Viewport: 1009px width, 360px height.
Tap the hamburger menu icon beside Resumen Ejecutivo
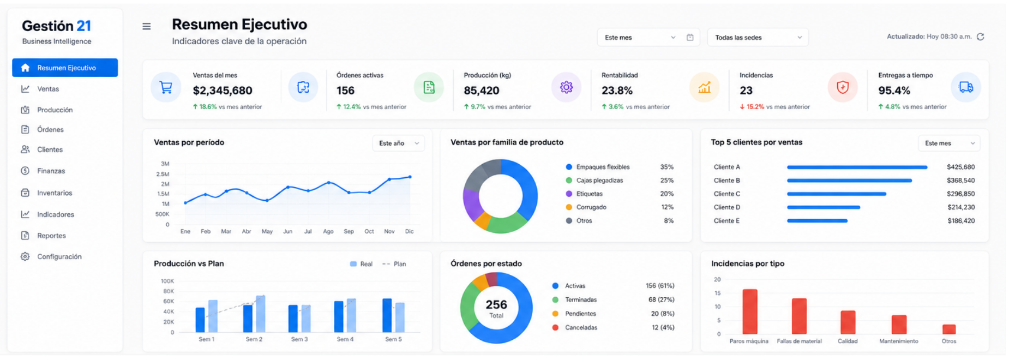[147, 26]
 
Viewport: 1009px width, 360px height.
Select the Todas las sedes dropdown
[758, 38]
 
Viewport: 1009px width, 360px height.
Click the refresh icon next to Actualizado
[980, 37]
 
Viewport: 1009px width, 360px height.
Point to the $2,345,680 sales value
[223, 91]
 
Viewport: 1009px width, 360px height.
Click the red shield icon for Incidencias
[843, 87]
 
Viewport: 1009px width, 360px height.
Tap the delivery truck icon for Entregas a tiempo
[966, 87]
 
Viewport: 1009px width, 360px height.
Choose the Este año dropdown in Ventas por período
[399, 143]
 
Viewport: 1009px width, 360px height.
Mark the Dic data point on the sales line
[410, 177]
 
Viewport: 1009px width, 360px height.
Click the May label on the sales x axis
[267, 231]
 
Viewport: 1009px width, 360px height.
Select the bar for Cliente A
[857, 167]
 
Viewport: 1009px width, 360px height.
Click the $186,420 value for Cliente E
[961, 221]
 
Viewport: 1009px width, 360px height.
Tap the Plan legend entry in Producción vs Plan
[394, 264]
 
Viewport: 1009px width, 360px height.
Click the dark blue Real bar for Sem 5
[387, 315]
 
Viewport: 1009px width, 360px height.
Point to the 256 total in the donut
[496, 304]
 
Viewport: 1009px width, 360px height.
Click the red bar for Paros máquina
[750, 311]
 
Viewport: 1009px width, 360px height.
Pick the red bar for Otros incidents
[949, 329]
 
